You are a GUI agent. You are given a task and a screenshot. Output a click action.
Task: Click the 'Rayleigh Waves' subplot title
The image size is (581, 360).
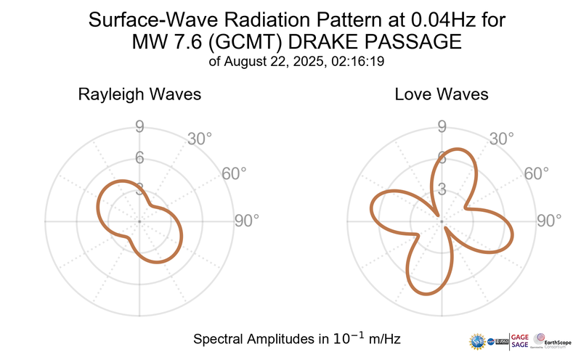coord(139,95)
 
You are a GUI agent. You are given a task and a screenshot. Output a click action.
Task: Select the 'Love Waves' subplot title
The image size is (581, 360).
coord(441,95)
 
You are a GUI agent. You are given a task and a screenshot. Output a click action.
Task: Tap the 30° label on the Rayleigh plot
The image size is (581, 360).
coord(200,139)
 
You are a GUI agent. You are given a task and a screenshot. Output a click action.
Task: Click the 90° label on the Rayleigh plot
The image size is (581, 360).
coord(246,221)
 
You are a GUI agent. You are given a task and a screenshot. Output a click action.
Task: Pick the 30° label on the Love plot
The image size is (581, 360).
coord(502,139)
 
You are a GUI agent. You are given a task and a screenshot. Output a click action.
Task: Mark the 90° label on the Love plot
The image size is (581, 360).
coord(548,221)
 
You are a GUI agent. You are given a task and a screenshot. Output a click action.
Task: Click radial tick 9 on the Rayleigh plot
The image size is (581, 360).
coord(139,128)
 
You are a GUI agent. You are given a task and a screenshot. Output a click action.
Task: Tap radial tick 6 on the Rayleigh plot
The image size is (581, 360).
coord(139,158)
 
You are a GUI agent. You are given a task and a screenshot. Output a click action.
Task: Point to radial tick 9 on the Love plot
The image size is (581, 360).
coord(441,128)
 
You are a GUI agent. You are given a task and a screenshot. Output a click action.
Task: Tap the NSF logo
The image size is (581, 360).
coord(479,340)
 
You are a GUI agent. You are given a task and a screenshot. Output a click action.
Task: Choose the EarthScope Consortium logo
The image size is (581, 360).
coord(553,340)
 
